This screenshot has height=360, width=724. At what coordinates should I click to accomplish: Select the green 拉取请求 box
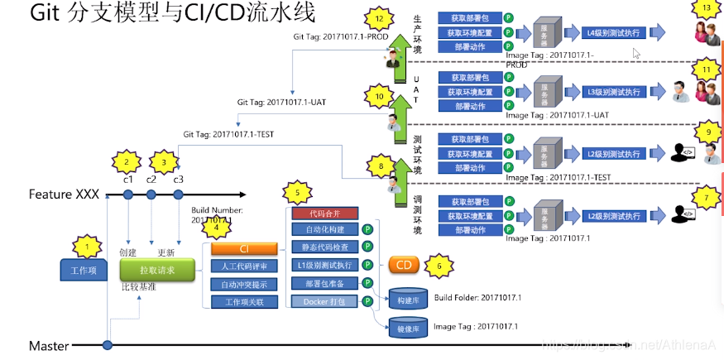point(156,270)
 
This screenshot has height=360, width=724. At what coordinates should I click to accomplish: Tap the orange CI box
point(244,248)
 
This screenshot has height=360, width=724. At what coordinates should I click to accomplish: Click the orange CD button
point(404,265)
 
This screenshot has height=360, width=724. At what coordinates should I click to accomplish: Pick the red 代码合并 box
point(324,214)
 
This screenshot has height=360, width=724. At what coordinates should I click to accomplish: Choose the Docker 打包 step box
point(324,301)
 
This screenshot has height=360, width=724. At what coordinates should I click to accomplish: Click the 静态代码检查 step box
point(324,247)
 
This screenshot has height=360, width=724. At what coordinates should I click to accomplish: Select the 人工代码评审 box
point(244,266)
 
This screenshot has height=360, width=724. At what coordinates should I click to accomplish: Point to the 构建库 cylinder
point(408,299)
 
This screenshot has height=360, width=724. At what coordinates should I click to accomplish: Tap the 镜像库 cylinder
point(408,329)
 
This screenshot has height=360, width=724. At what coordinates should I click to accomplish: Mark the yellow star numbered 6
point(439,266)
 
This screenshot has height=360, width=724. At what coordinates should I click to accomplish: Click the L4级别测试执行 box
point(613,33)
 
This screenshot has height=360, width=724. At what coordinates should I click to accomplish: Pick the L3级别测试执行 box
point(613,92)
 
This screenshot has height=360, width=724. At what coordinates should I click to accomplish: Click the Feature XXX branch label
point(64,194)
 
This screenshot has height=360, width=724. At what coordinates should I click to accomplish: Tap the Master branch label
point(49,346)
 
